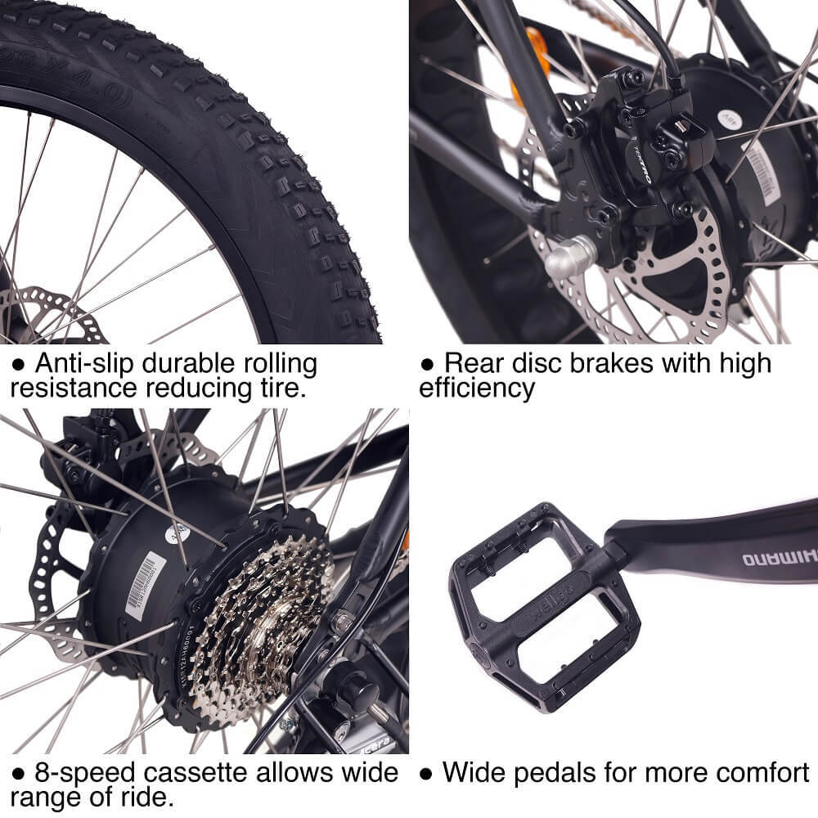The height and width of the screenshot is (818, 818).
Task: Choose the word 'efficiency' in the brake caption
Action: [x=477, y=388]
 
